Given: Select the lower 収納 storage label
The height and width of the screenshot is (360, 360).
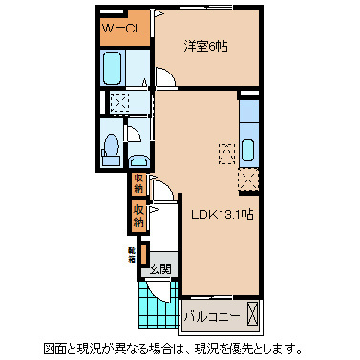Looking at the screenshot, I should [138, 215].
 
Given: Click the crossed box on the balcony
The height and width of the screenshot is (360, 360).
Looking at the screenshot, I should [253, 312].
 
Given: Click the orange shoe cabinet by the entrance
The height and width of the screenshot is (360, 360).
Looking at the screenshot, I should [143, 255].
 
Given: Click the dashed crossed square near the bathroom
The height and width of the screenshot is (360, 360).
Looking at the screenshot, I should [120, 104].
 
